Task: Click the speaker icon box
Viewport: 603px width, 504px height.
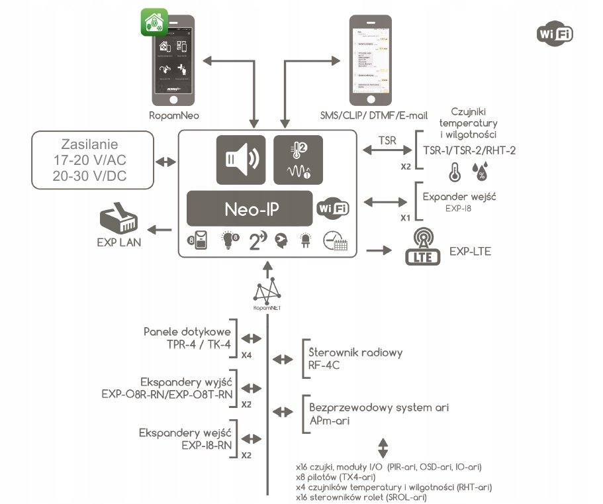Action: coord(240,159)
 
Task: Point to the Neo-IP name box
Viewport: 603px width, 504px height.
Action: coord(250,209)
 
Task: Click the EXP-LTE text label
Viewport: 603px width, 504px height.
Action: coord(470,252)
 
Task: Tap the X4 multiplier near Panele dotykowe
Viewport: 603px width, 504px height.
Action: coord(246,355)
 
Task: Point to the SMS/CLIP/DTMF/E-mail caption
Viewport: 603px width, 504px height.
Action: coord(374,115)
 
